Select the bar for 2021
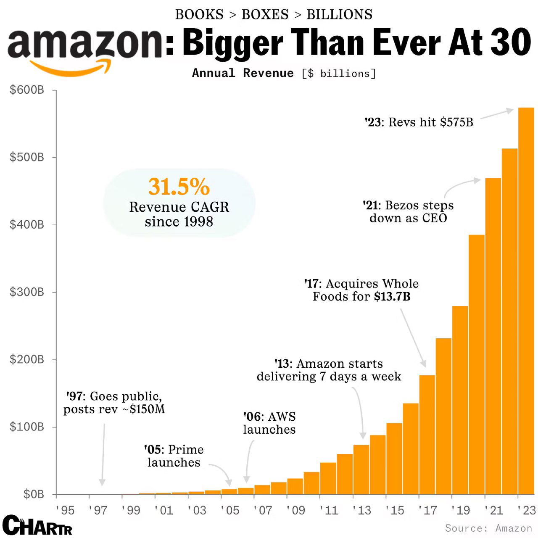(x=493, y=336)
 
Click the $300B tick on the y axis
(x=27, y=292)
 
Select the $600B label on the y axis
(x=27, y=90)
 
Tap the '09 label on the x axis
(x=295, y=510)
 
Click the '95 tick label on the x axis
(x=65, y=510)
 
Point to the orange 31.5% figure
(x=179, y=187)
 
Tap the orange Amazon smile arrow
(x=71, y=67)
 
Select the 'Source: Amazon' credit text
(x=488, y=528)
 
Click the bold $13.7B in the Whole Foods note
(x=392, y=297)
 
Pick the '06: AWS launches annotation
(x=269, y=423)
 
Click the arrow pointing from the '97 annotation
(x=103, y=454)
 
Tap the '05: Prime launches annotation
(x=174, y=456)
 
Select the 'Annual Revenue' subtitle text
(x=243, y=73)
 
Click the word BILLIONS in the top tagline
(x=339, y=15)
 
